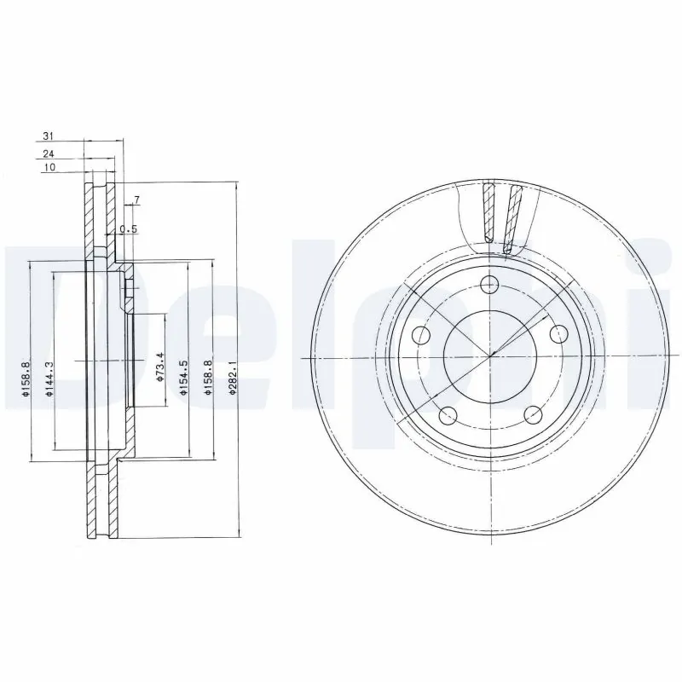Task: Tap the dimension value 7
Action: (x=136, y=201)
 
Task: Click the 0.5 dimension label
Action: (x=129, y=228)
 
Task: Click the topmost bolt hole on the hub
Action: (x=489, y=285)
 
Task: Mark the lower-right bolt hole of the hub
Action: (x=534, y=415)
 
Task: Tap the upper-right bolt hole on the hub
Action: (x=560, y=333)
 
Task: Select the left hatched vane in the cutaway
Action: (x=488, y=213)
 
